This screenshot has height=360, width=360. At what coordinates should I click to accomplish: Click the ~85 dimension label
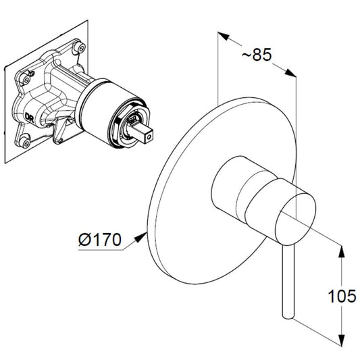[257, 55]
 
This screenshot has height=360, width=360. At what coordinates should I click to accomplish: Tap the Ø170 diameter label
[100, 240]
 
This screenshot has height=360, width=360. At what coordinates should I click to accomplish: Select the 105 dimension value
[342, 297]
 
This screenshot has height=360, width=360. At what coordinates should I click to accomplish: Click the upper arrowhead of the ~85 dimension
[224, 36]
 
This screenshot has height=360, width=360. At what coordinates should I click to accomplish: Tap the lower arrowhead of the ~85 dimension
[290, 72]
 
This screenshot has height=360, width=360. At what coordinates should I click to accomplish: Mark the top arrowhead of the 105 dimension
[342, 252]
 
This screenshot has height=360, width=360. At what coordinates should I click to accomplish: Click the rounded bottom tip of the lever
[288, 317]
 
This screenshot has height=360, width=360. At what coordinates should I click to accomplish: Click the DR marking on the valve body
[30, 118]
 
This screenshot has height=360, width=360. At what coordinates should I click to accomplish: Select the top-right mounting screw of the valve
[80, 48]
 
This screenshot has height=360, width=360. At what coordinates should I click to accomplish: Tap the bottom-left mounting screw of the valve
[24, 143]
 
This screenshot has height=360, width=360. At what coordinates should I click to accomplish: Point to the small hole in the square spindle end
[149, 137]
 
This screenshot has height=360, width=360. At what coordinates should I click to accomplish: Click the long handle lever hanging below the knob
[288, 280]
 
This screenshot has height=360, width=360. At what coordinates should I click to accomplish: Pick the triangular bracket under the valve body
[60, 130]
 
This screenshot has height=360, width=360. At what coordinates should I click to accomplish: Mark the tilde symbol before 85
[247, 55]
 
